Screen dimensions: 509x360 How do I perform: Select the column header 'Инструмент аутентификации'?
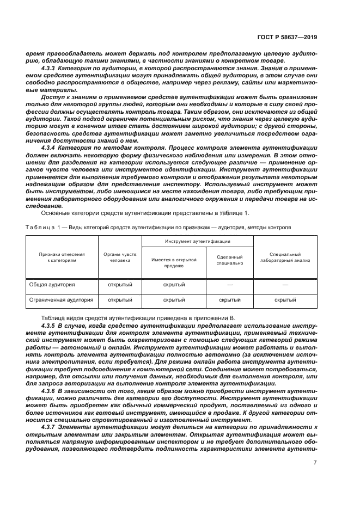[x=198, y=241]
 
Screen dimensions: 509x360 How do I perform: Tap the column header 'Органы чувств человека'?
[x=120, y=257]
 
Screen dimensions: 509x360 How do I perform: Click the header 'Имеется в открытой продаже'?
[x=174, y=262]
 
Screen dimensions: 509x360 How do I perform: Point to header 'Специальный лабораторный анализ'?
[x=285, y=257]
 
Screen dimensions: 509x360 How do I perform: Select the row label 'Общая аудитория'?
[x=53, y=285]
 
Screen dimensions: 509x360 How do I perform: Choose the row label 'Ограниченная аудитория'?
[x=61, y=299]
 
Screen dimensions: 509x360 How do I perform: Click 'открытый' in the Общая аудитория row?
[x=120, y=285]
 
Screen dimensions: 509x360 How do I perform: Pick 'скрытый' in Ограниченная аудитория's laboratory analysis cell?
[x=285, y=299]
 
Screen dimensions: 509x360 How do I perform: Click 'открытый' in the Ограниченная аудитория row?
[x=120, y=299]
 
